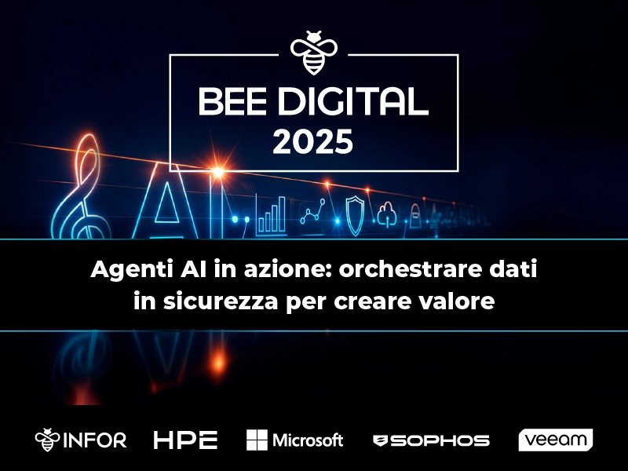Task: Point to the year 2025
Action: [x=313, y=143]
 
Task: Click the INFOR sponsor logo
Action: [x=81, y=440]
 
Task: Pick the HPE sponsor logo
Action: [x=185, y=440]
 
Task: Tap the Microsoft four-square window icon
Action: [x=257, y=440]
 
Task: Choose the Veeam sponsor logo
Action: [x=555, y=440]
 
